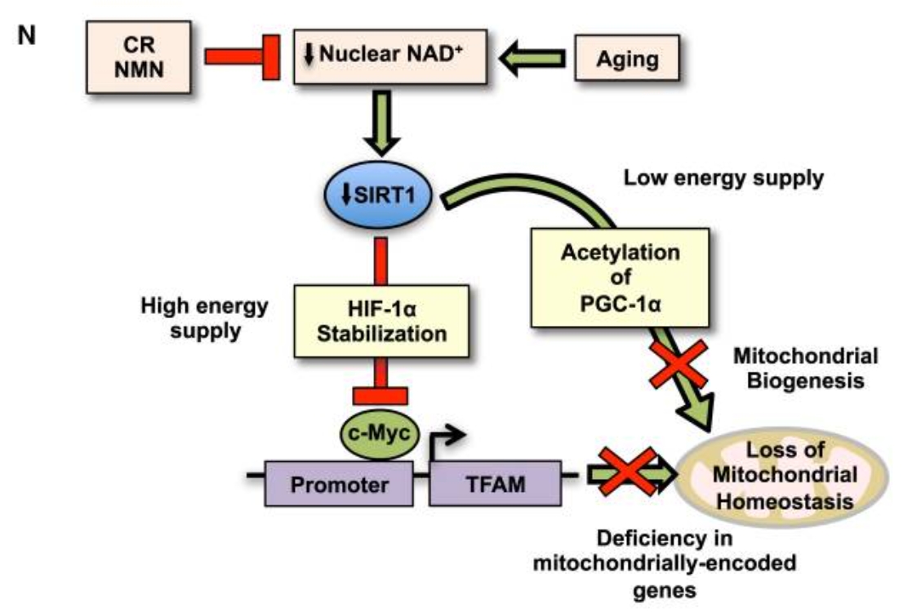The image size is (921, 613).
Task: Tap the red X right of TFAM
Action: pyautogui.click(x=627, y=473)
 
